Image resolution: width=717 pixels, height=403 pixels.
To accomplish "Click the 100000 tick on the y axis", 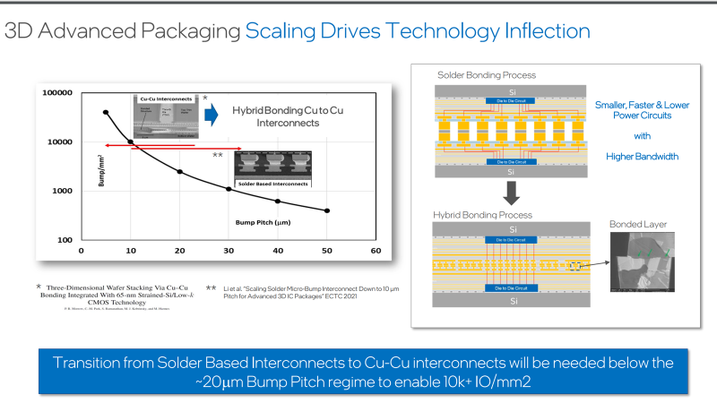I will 58,92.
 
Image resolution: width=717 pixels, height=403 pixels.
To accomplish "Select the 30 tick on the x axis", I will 229,251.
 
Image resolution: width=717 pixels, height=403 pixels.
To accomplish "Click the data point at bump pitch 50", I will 327,210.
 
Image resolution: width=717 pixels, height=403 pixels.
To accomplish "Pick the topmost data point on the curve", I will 106,112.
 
